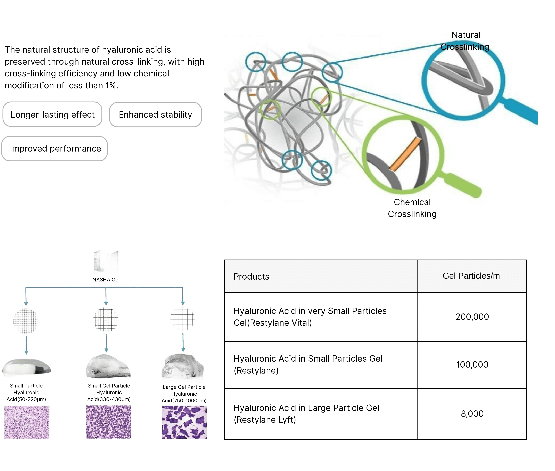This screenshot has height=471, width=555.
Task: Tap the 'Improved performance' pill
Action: (x=54, y=148)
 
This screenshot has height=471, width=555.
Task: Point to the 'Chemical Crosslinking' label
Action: (x=412, y=208)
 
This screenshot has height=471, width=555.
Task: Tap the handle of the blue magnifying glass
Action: (x=520, y=111)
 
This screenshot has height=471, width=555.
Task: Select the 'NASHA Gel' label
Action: (x=106, y=280)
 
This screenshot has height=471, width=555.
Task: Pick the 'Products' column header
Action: (x=251, y=276)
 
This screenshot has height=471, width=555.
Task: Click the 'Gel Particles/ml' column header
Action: (x=472, y=276)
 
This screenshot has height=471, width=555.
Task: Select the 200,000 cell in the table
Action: (x=472, y=317)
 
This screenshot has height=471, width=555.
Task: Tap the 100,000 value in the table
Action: (x=472, y=364)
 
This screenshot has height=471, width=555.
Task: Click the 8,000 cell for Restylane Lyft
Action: (x=472, y=414)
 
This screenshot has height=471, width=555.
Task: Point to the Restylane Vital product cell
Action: (x=321, y=317)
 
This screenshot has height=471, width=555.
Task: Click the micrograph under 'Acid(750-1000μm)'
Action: (x=184, y=422)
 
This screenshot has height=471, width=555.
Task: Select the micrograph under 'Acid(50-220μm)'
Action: (x=27, y=422)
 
